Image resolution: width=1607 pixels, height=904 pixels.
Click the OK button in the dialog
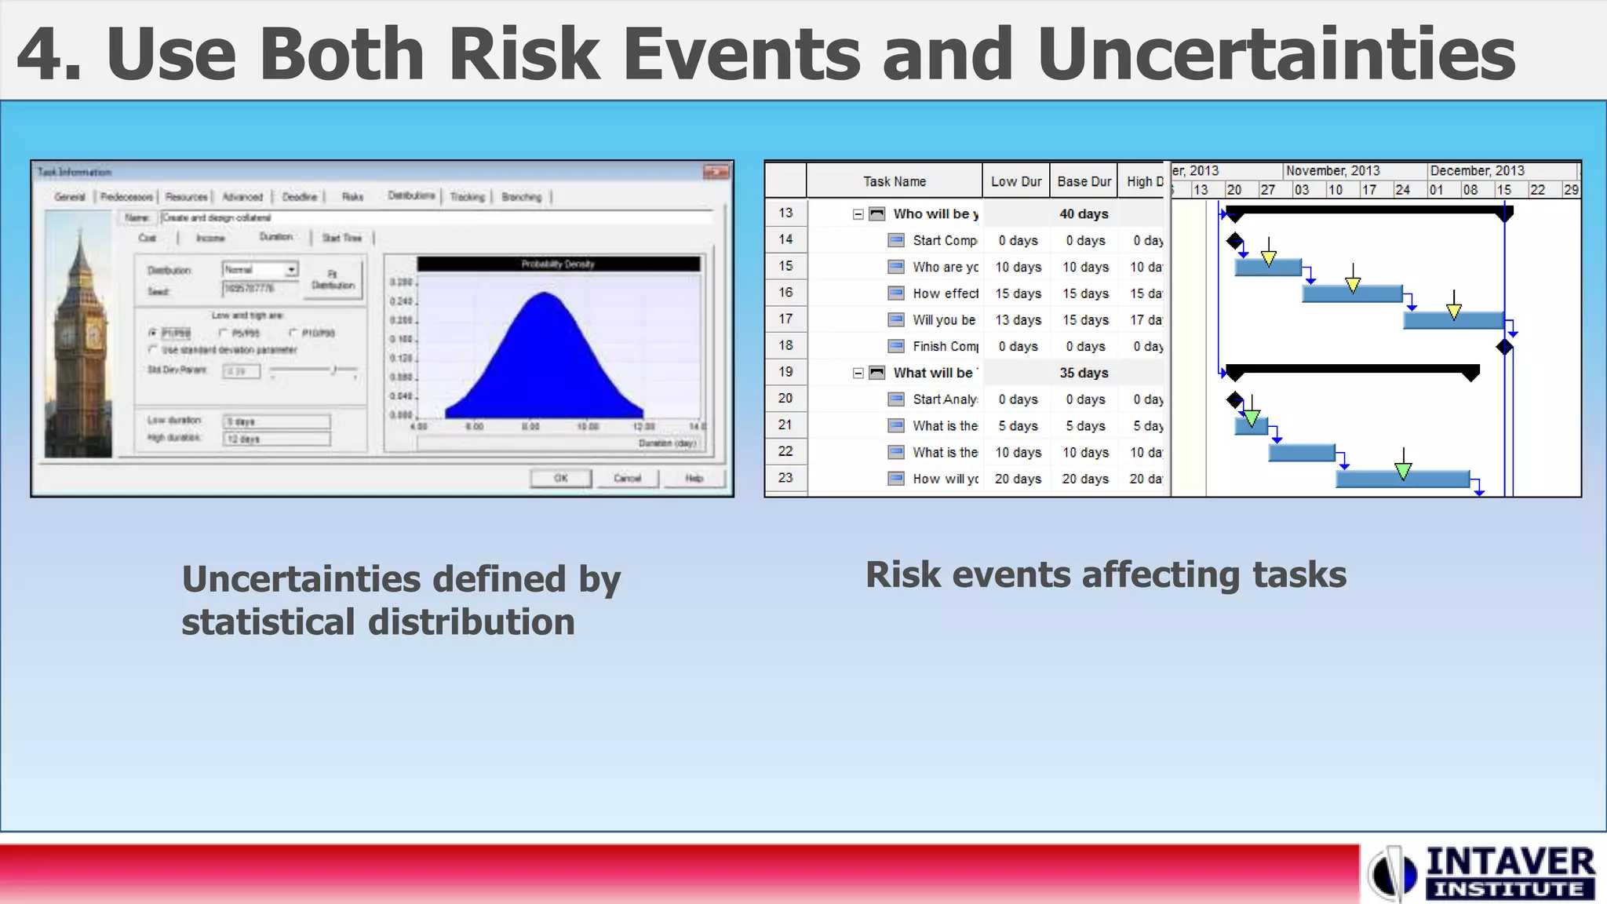coord(560,478)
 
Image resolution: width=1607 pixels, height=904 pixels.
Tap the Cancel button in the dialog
coord(627,478)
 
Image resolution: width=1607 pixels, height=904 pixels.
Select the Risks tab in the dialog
coord(352,197)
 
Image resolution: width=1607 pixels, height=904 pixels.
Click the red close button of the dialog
coord(716,172)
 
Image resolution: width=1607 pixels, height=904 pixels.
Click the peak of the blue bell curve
coord(545,294)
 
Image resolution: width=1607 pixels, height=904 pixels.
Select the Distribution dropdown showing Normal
coord(260,269)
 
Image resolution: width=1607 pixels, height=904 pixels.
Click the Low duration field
coord(276,421)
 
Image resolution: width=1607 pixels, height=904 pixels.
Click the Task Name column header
coord(894,181)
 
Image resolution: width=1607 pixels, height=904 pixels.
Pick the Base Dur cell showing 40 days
coord(1084,213)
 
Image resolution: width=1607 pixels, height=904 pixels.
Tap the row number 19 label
coord(785,372)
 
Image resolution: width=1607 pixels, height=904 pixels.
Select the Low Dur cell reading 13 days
coord(1018,319)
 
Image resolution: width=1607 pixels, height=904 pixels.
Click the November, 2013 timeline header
coord(1332,170)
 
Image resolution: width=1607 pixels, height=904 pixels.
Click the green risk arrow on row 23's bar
coord(1403,470)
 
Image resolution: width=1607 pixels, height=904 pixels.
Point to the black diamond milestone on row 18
coord(1504,347)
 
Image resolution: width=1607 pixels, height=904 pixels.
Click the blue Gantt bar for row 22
coord(1301,453)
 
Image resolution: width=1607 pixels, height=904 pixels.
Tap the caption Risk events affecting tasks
coord(1106,574)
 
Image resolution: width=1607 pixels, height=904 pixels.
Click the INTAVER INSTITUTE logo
coord(1483,873)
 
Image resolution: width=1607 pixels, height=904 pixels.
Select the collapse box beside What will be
coord(858,373)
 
